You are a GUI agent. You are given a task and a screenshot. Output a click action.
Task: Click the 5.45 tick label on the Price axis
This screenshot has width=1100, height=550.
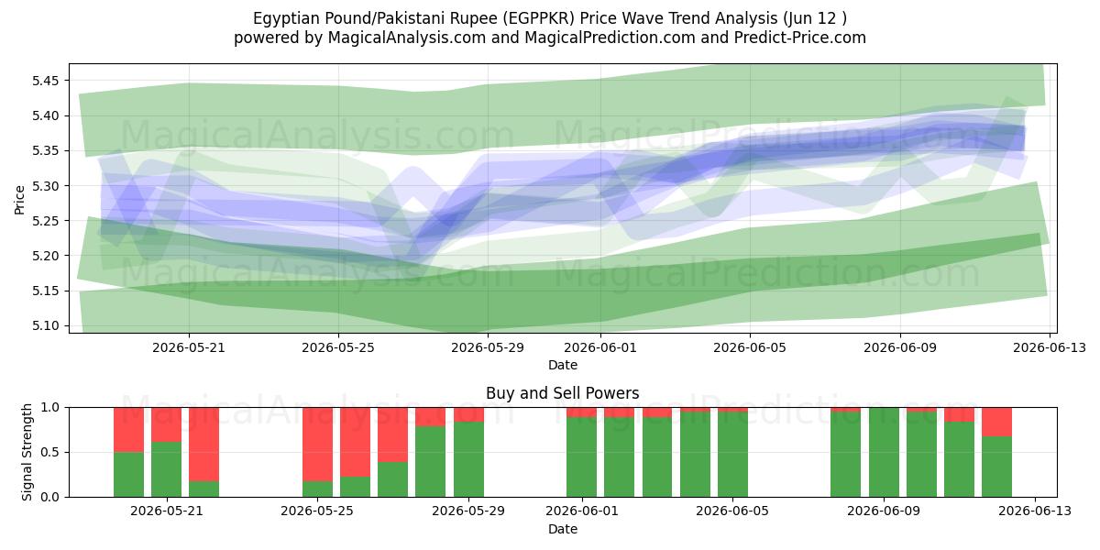click(x=45, y=81)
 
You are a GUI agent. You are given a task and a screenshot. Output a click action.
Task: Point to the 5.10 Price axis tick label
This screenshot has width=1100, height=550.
click(x=45, y=326)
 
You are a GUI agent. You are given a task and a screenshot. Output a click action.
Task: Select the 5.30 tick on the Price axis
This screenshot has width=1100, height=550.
click(x=45, y=186)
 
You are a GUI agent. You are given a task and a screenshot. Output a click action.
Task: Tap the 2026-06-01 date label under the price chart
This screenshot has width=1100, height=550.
click(x=600, y=347)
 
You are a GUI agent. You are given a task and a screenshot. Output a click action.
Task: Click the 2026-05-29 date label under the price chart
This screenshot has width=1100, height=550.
click(x=488, y=347)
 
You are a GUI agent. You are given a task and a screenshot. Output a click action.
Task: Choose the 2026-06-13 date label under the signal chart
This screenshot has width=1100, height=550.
click(x=1035, y=511)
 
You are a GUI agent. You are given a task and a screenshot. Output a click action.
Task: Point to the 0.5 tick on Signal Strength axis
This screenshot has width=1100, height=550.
click(x=49, y=452)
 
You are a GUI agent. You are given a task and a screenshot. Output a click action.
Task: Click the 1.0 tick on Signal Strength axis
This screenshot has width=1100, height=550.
click(x=49, y=408)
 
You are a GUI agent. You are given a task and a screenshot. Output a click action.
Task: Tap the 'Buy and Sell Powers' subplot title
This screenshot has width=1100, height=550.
click(x=563, y=393)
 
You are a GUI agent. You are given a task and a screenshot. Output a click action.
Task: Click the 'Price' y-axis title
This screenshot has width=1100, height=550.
click(x=19, y=201)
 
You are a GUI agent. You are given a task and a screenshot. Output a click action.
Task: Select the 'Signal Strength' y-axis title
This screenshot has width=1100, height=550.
click(x=27, y=452)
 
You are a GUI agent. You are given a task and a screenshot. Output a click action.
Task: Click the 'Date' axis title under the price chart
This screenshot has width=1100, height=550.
click(x=563, y=365)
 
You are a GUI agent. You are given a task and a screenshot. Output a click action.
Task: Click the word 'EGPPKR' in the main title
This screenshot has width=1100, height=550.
click(x=539, y=18)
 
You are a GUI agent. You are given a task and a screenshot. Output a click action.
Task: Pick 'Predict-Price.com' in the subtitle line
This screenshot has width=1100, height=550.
click(x=800, y=38)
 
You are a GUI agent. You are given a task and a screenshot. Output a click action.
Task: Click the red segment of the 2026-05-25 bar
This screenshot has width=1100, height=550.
click(x=318, y=445)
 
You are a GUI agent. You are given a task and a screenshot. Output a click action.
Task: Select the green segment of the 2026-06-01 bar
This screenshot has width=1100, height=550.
click(x=582, y=456)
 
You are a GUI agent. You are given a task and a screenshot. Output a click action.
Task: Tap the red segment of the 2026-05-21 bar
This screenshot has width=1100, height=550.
click(x=167, y=424)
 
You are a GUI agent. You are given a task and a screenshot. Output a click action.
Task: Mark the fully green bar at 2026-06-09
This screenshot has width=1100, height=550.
click(x=884, y=452)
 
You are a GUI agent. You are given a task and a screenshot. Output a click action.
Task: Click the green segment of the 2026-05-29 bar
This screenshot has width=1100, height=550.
click(x=469, y=459)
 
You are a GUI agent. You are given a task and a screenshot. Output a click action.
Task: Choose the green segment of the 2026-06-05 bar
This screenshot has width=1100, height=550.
click(x=732, y=455)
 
